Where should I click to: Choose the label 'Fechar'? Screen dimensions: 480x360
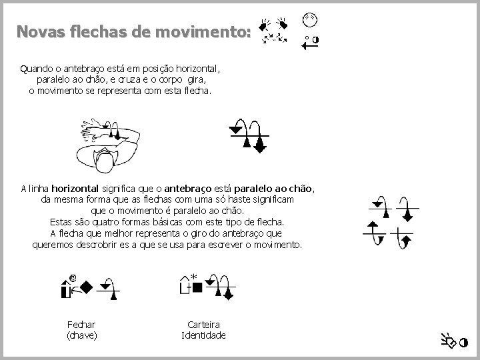81,324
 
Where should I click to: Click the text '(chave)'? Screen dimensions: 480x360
81,335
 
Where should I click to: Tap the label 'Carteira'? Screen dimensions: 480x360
203,324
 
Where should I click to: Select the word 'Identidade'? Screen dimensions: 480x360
203,335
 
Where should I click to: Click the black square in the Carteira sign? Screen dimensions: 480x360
197,287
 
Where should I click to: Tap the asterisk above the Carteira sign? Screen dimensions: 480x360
194,276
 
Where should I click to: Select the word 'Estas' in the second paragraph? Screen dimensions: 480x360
61,221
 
